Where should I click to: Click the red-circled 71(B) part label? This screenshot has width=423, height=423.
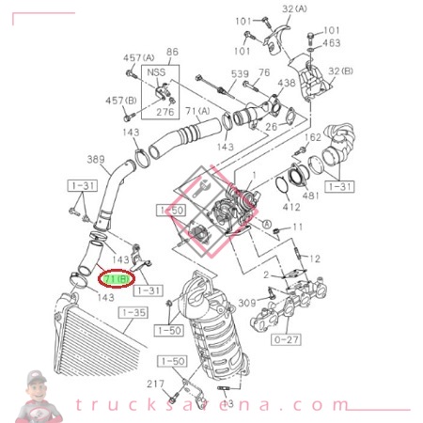click(x=117, y=280)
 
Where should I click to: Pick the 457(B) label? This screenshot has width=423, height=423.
click(x=119, y=100)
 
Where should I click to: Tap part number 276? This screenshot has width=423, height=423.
click(x=166, y=112)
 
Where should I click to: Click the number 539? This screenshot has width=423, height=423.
click(x=242, y=73)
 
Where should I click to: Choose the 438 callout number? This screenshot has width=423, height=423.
click(x=285, y=84)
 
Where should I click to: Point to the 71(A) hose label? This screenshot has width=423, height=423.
click(x=197, y=112)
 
